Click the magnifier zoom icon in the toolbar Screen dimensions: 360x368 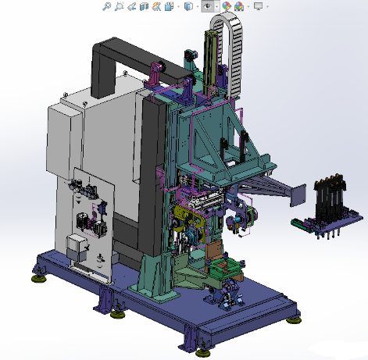tap(106, 6)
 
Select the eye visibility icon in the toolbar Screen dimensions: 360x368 tap(208, 6)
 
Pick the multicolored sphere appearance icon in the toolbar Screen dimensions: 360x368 tap(227, 6)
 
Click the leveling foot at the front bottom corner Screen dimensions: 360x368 tap(189, 341)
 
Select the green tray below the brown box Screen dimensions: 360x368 tap(222, 278)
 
